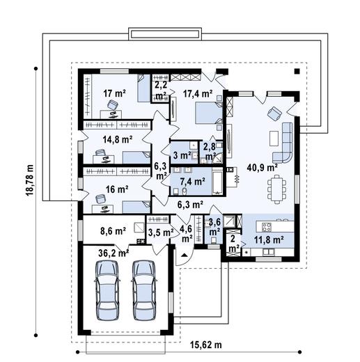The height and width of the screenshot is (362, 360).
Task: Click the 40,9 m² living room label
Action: coord(262,167)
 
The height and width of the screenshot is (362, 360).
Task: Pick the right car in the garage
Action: coord(144,290)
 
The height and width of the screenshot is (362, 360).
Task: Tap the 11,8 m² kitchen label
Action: coord(268,239)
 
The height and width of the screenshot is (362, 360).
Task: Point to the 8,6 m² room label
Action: coord(112,230)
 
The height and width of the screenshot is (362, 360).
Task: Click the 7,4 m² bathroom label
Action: coord(192,181)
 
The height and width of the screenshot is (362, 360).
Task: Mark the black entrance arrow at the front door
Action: coord(183,257)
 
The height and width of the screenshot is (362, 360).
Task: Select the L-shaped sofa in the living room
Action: coord(286,143)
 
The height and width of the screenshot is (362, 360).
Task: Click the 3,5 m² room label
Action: coord(159,232)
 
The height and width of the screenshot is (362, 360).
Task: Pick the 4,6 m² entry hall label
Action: coord(186,232)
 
